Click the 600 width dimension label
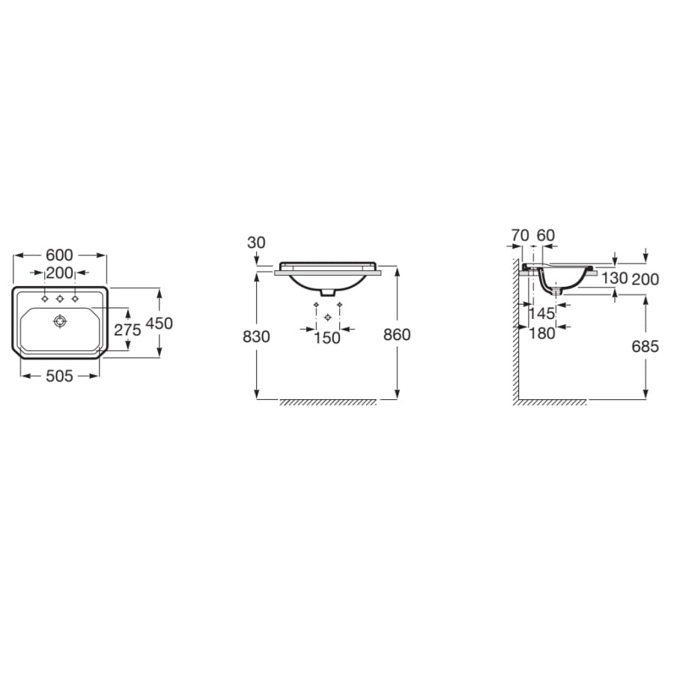(59, 255)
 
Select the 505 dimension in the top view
(59, 377)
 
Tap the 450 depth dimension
(159, 324)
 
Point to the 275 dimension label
(127, 330)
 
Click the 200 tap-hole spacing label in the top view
(59, 273)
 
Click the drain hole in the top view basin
(60, 321)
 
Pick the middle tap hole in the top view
(60, 299)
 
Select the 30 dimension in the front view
(256, 243)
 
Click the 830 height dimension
(256, 336)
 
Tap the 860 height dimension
(397, 335)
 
